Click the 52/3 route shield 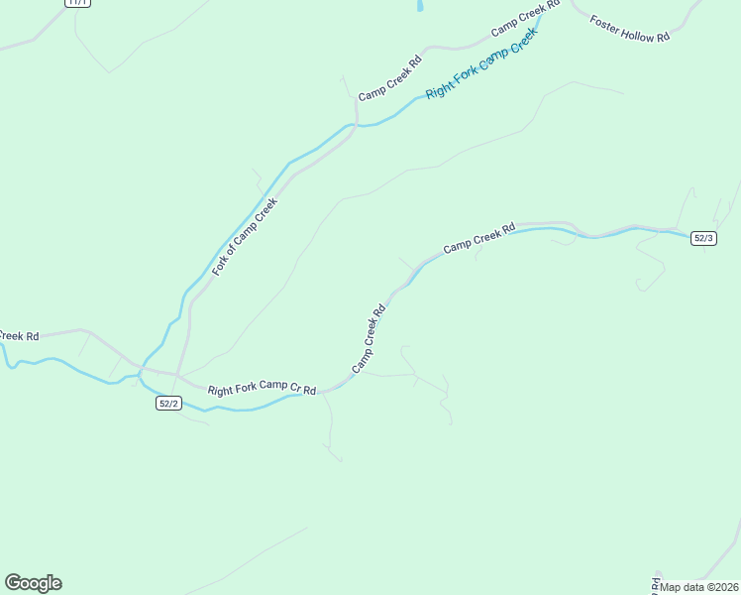703,238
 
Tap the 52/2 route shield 168,403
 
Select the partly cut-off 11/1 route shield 77,3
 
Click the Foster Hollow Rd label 630,28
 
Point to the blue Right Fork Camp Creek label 481,62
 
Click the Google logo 33,583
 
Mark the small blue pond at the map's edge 420,5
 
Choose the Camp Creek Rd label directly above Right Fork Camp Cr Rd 368,339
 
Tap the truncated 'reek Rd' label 19,336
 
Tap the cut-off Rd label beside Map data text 655,582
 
